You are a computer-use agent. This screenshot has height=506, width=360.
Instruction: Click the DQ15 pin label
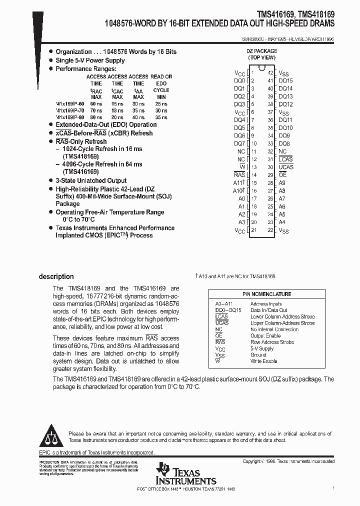pyautogui.click(x=285, y=80)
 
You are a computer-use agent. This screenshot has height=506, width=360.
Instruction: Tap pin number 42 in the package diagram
pyautogui.click(x=270, y=72)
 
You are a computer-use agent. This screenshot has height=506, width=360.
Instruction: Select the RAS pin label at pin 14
pyautogui.click(x=239, y=175)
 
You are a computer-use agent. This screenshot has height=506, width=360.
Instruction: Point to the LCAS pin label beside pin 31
pyautogui.click(x=285, y=159)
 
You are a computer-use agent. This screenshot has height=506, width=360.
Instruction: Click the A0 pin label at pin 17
pyautogui.click(x=241, y=198)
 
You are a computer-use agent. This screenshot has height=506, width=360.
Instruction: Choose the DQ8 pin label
pyautogui.click(x=284, y=143)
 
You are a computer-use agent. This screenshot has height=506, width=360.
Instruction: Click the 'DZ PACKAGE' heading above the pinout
pyautogui.click(x=260, y=51)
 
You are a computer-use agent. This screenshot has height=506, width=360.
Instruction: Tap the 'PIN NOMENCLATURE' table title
pyautogui.click(x=267, y=294)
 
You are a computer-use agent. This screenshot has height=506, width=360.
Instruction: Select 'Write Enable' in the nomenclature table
pyautogui.click(x=263, y=361)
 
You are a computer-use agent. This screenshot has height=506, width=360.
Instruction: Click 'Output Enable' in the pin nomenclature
pyautogui.click(x=265, y=335)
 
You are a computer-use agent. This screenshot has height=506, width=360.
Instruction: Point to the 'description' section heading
pyautogui.click(x=56, y=276)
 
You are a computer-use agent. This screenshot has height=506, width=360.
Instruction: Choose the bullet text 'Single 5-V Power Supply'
pyautogui.click(x=90, y=60)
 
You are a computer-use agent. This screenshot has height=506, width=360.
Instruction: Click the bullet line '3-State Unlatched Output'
pyautogui.click(x=91, y=180)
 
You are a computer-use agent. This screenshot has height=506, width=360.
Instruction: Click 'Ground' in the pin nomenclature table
pyautogui.click(x=258, y=354)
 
